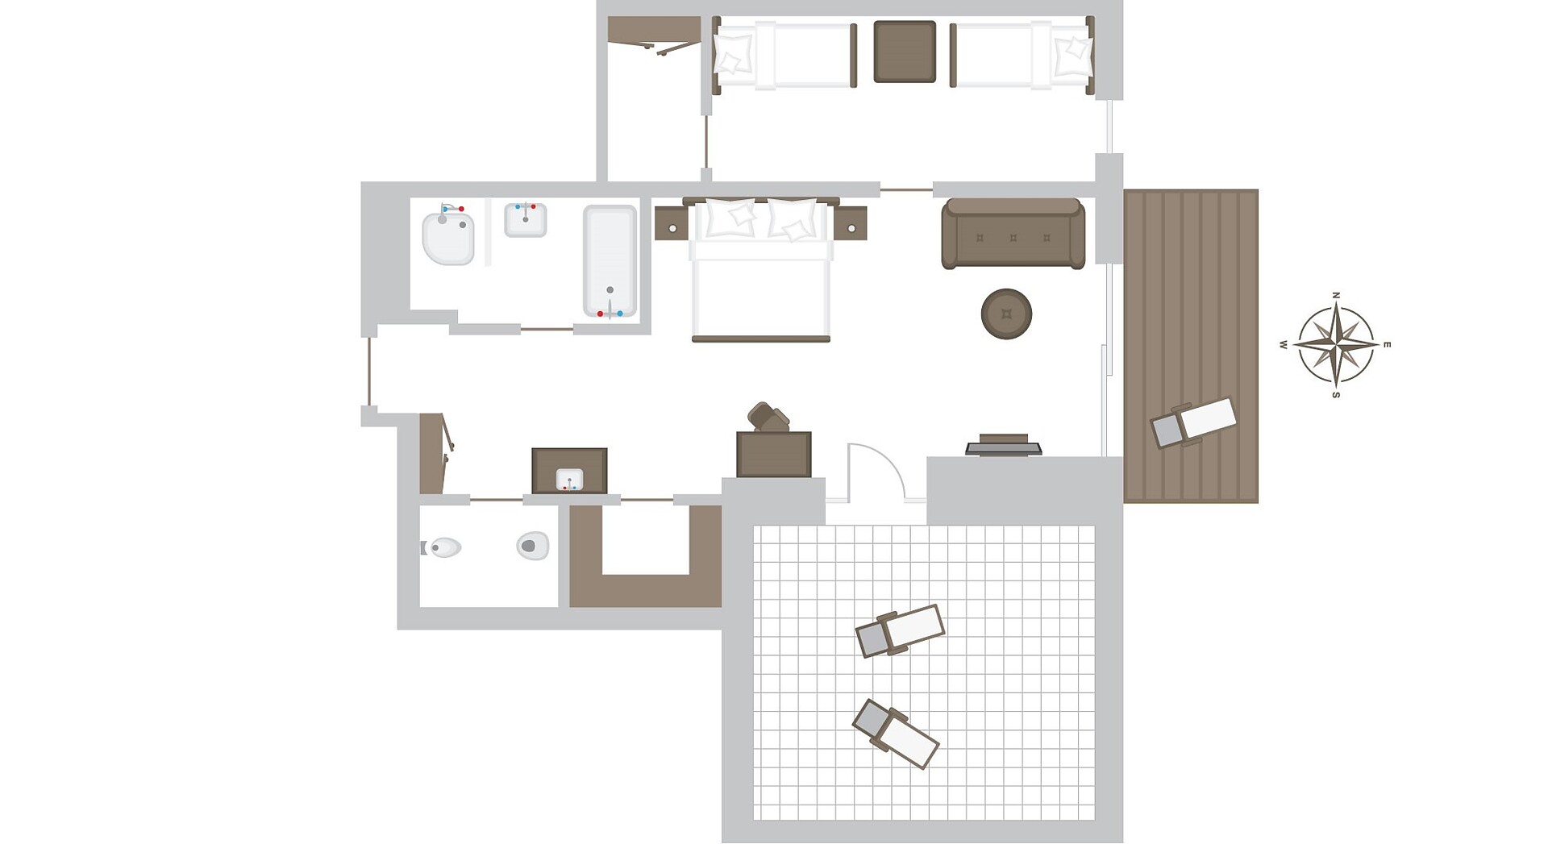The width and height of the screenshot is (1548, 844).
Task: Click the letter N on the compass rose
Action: coord(1336,296)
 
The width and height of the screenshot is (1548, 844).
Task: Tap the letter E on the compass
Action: coord(1387,345)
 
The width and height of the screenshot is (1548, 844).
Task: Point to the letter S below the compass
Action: coord(1336,395)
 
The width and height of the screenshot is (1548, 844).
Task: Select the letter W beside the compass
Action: coord(1284,345)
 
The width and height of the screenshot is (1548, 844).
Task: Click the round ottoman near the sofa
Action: coord(1006,314)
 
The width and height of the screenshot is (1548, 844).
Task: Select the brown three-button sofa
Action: coord(1013,234)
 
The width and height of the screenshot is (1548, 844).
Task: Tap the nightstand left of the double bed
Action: coord(672,223)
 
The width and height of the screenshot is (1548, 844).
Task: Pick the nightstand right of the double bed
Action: coord(850,223)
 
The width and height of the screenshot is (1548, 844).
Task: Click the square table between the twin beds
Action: coord(905,52)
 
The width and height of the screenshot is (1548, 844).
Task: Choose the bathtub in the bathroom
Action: coord(610,261)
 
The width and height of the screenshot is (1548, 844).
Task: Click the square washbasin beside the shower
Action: coord(526,219)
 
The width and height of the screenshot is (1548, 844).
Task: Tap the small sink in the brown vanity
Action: coord(569,480)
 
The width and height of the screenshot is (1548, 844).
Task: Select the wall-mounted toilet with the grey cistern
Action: coord(441,548)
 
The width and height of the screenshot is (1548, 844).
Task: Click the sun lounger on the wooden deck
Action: coord(1193,423)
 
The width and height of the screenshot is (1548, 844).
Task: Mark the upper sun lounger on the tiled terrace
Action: coord(900,630)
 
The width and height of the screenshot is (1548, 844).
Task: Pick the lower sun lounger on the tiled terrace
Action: coord(896,734)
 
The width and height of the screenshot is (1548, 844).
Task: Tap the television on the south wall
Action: coord(1004,445)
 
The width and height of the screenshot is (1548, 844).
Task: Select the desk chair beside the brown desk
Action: coord(768,417)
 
